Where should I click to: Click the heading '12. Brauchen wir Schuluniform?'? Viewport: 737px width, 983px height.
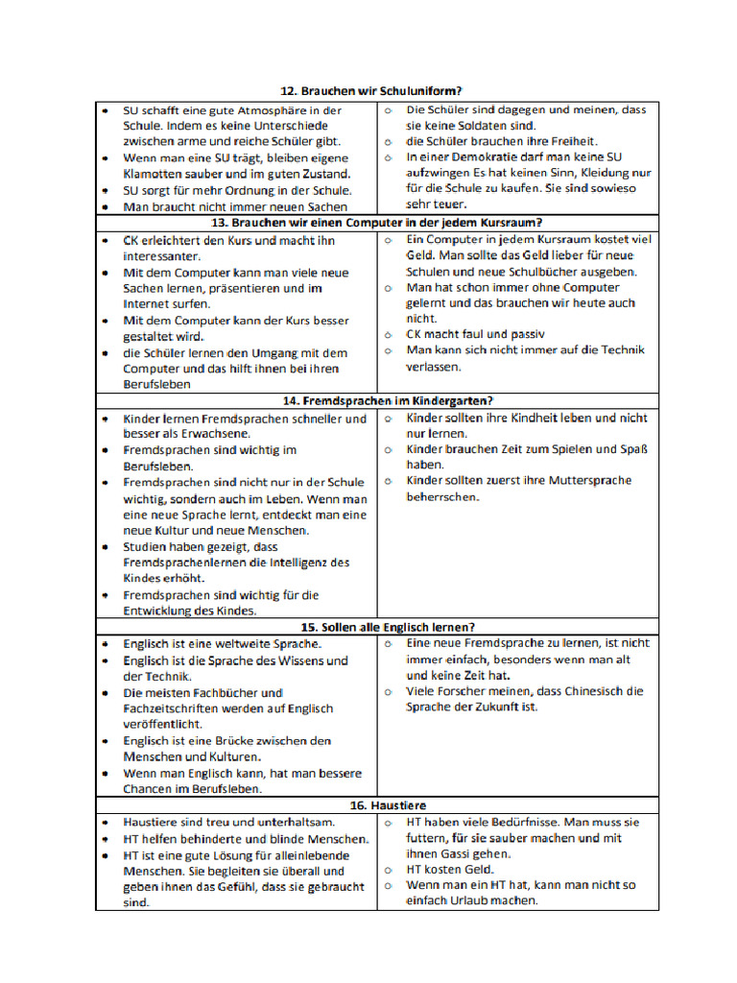click(x=370, y=91)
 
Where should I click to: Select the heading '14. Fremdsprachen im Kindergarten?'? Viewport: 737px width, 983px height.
click(x=369, y=400)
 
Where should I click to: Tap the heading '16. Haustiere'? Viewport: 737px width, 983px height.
click(x=370, y=805)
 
